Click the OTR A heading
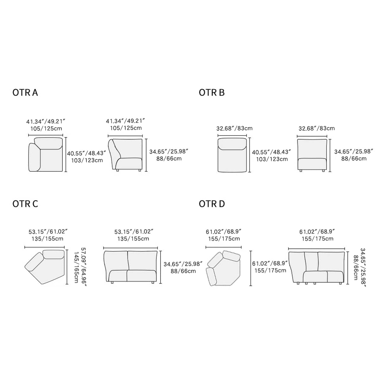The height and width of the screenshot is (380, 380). [25, 92]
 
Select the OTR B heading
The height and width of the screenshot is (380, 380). [212, 92]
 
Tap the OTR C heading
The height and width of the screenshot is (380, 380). [25, 204]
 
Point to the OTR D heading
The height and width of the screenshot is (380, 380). [212, 204]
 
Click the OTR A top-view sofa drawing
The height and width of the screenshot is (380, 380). [46, 155]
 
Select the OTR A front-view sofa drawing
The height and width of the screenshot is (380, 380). [125, 155]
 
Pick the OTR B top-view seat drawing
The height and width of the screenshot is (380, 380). [232, 155]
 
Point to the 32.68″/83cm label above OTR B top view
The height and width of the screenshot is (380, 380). [235, 128]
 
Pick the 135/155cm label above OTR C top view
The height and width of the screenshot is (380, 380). [45, 238]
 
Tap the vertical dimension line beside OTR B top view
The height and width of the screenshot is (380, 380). [250, 155]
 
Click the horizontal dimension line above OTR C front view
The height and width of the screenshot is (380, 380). [130, 248]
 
